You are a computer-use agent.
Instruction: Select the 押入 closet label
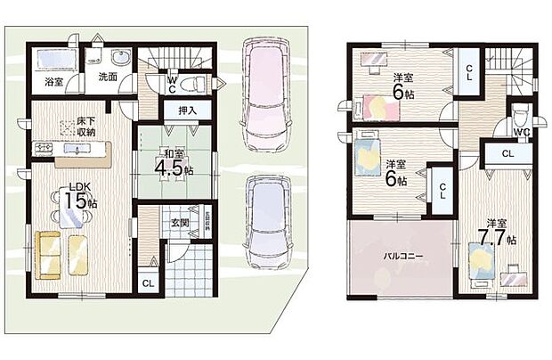coord(187,110)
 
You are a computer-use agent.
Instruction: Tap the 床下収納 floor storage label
coord(85,127)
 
